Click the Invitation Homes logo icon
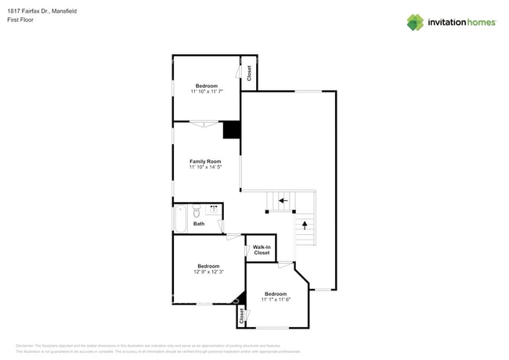(415, 22)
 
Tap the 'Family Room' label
(205, 161)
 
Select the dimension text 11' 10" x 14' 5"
(206, 167)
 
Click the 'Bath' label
(199, 224)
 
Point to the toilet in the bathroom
(197, 210)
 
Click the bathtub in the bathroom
(180, 218)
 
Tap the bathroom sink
(212, 210)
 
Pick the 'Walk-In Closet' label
(261, 250)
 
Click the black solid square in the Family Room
(232, 130)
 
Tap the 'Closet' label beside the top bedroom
(249, 73)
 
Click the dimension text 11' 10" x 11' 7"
(207, 92)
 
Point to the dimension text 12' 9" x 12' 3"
(208, 272)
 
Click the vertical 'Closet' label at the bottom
(241, 315)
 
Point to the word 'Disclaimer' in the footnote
(25, 345)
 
